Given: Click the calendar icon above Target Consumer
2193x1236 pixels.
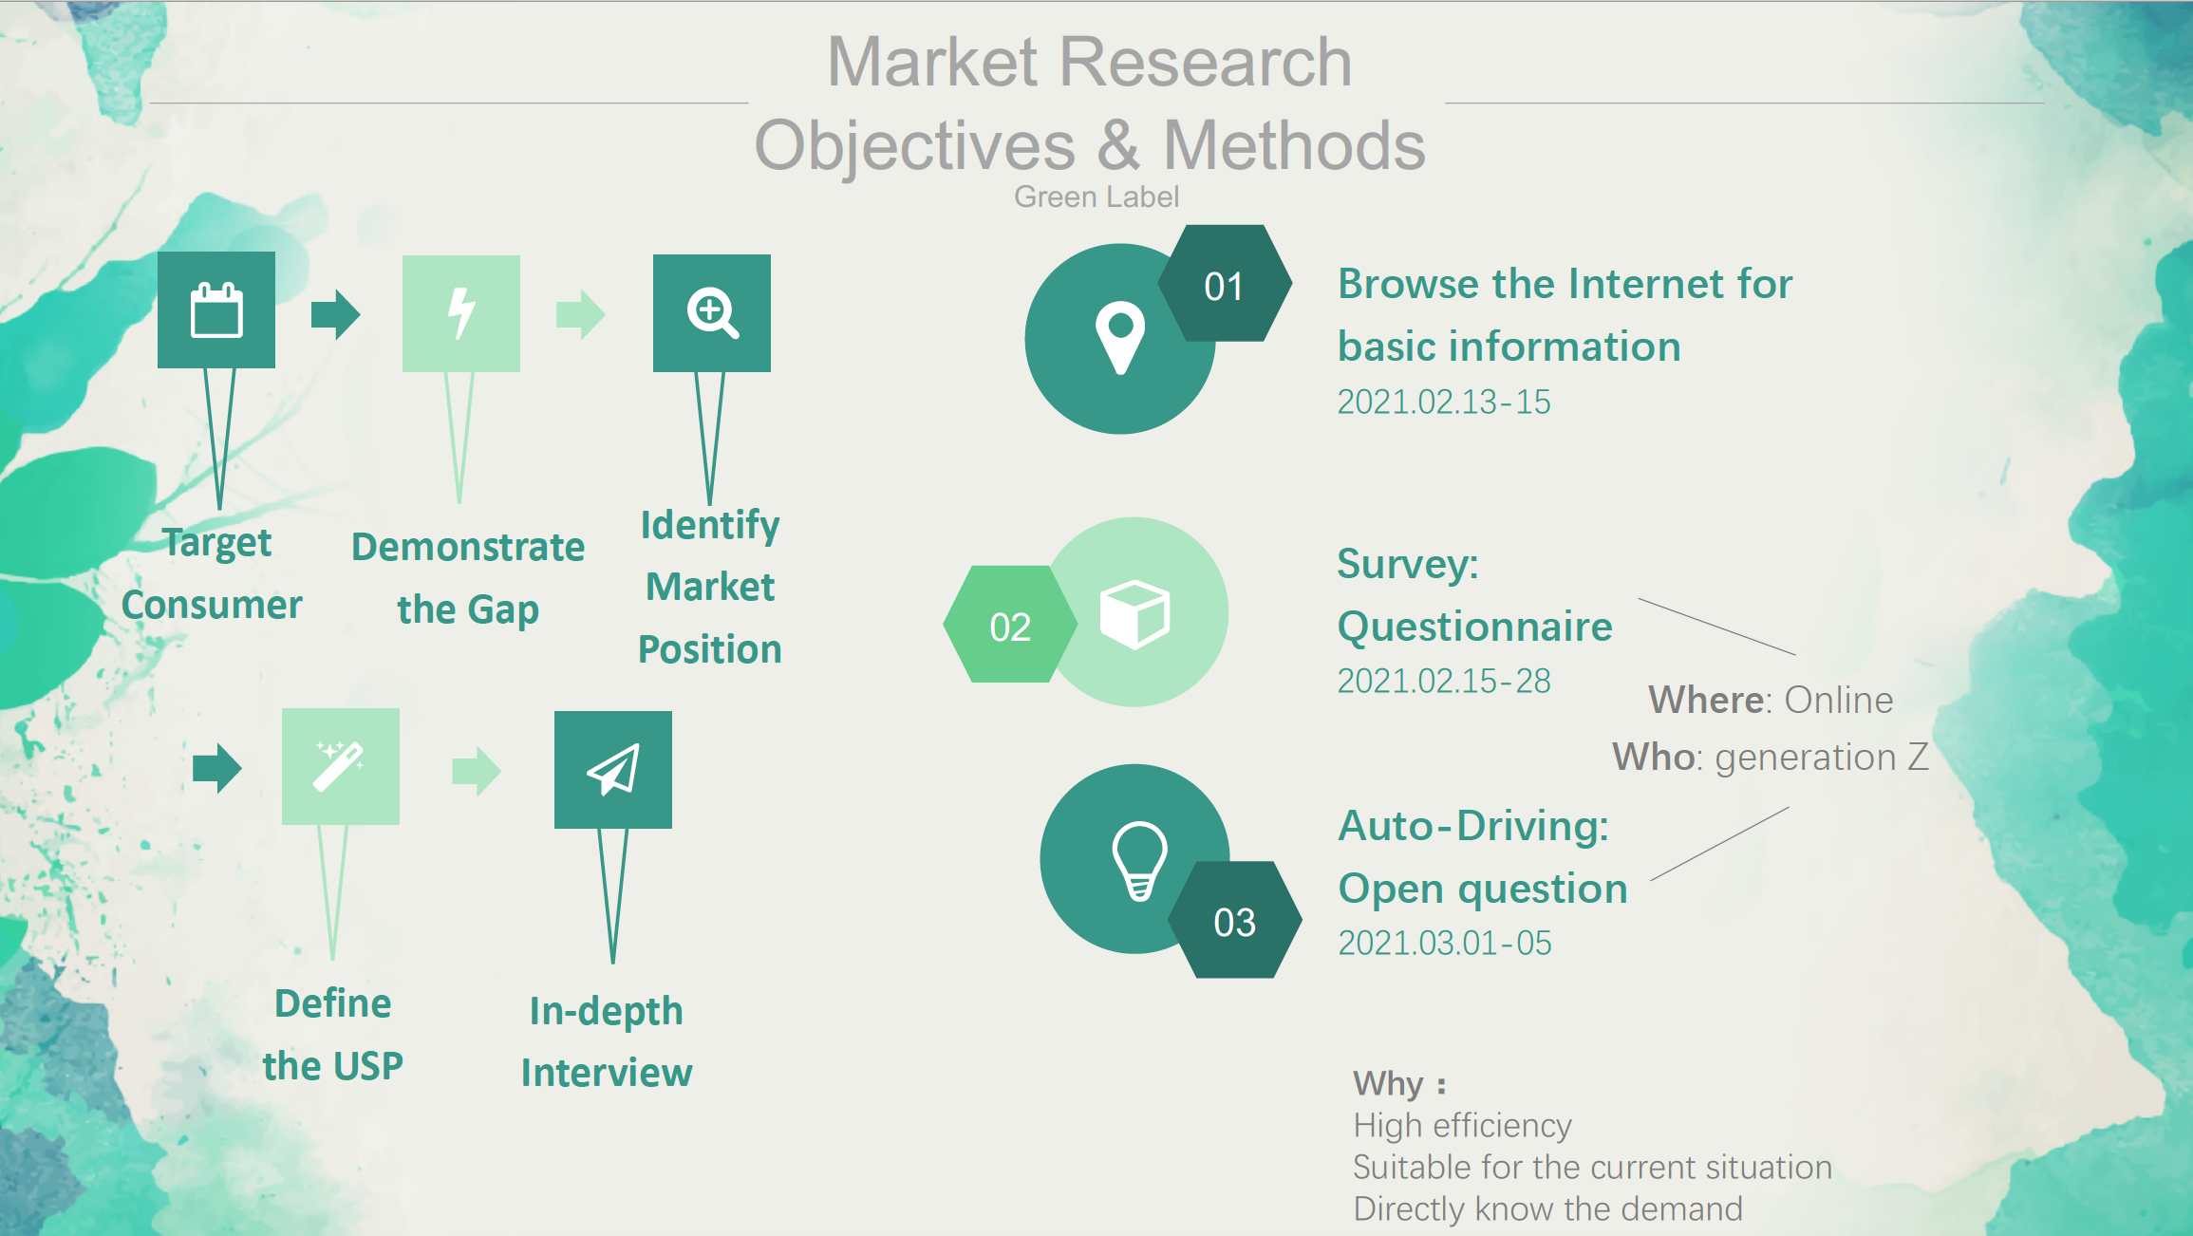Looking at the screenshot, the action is [216, 310].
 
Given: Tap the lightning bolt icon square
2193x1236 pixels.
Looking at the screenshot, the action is [461, 313].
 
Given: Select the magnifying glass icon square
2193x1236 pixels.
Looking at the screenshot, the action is [712, 313].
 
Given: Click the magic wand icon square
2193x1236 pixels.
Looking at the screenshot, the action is [341, 766].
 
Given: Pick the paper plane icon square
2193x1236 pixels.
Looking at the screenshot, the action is [613, 770].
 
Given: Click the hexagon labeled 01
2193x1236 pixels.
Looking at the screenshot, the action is [1225, 283].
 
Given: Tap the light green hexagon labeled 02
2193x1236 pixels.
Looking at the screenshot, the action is [1010, 625].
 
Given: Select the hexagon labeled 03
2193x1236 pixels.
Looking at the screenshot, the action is [1234, 920].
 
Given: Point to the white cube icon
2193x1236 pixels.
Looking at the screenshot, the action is [1134, 614].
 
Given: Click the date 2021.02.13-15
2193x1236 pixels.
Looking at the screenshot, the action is [1444, 402].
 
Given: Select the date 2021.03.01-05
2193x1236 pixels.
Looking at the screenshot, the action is [1445, 943].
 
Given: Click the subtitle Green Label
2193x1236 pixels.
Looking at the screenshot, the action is [1096, 197].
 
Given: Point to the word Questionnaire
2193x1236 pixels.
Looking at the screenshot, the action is [1475, 627].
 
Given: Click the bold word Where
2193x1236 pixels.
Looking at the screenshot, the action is [1706, 700].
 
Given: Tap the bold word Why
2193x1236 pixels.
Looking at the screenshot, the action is [1388, 1084].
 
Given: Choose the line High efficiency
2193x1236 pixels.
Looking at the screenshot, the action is [1463, 1126].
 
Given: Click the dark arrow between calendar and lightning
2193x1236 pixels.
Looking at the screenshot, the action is [336, 313].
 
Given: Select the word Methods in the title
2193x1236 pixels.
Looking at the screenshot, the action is [1295, 145].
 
